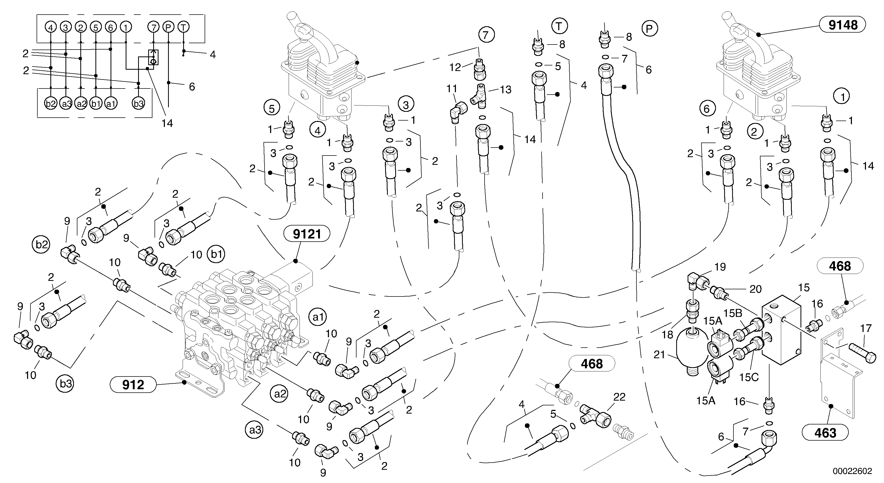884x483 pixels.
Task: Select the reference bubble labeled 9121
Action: pyautogui.click(x=307, y=234)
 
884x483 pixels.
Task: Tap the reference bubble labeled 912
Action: pyautogui.click(x=133, y=385)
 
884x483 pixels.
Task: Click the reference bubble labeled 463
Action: pyautogui.click(x=825, y=433)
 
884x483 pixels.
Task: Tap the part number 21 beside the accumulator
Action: pyautogui.click(x=659, y=355)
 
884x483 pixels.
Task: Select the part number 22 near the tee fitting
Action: pyautogui.click(x=619, y=397)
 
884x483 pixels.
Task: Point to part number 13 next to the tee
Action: pyautogui.click(x=505, y=90)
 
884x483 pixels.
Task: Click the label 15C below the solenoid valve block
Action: pyautogui.click(x=749, y=377)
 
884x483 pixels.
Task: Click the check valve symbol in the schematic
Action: pyautogui.click(x=153, y=57)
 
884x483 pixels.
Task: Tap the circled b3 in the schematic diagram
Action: pyautogui.click(x=138, y=104)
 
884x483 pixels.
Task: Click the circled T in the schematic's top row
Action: pyautogui.click(x=184, y=27)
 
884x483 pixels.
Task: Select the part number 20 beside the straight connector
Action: pyautogui.click(x=755, y=289)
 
